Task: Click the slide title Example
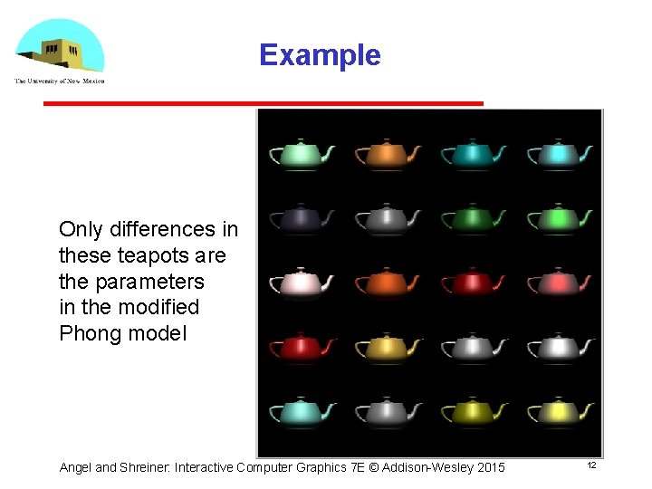pos(320,55)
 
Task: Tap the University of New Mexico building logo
pos(60,49)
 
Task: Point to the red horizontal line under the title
pos(263,103)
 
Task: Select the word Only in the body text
pos(79,229)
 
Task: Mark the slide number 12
pos(591,465)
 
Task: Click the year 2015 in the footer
pos(489,467)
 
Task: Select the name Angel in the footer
pos(75,467)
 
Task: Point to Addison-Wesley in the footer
pos(427,467)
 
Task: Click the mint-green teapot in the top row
pos(302,154)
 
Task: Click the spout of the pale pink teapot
pos(330,277)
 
